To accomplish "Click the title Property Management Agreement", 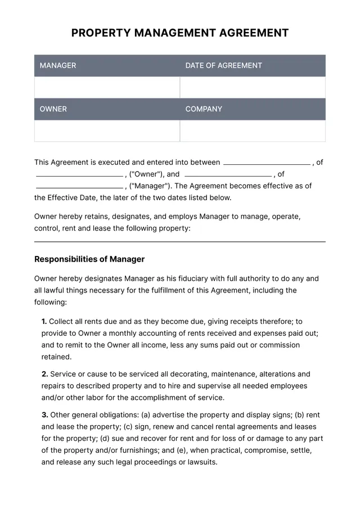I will point(180,33).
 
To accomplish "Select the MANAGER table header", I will point(58,65).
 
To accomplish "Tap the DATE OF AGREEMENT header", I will point(223,65).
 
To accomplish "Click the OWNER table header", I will point(53,109).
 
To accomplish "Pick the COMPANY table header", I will point(204,109).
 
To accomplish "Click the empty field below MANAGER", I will point(107,87).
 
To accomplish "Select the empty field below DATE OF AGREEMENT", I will point(253,87).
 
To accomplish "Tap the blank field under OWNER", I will point(107,131).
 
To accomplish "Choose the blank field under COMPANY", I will point(253,131).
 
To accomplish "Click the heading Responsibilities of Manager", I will point(89,259).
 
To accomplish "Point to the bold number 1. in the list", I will point(44,322).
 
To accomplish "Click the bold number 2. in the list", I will point(44,374).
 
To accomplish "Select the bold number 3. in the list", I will point(44,415).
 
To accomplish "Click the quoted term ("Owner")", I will point(146,174).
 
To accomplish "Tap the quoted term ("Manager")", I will point(150,186).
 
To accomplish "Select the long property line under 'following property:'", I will point(180,241).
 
